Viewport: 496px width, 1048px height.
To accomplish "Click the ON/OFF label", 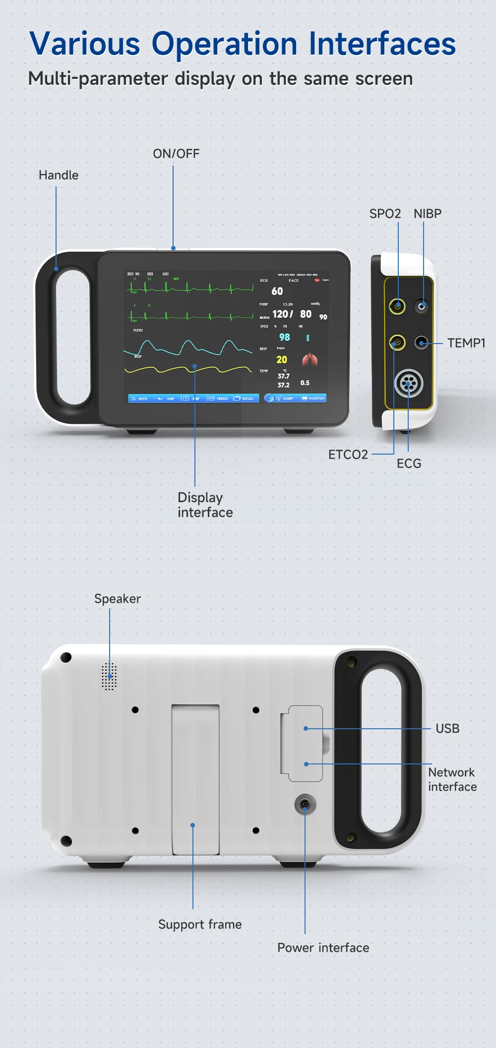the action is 176,154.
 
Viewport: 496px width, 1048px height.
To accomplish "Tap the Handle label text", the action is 59,175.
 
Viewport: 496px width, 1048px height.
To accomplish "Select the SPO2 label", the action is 385,214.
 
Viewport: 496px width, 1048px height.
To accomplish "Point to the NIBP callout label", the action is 428,214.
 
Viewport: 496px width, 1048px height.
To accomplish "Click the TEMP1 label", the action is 466,343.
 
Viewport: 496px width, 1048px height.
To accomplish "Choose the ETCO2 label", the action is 348,455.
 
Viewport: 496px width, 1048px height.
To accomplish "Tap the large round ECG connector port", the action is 408,383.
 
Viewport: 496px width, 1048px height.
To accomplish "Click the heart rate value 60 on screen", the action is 277,291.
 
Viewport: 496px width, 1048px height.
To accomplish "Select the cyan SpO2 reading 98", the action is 284,337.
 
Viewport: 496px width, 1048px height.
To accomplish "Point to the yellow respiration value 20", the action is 282,359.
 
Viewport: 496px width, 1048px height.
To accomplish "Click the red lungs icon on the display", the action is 310,359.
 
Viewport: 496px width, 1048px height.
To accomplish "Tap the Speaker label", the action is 118,599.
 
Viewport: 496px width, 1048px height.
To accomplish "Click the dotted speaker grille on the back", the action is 109,676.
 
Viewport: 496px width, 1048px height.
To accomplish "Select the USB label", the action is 447,728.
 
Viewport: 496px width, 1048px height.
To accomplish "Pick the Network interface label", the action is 452,779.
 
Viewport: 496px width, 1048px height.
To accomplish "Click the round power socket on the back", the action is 305,804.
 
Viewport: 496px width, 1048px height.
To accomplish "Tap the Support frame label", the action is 200,925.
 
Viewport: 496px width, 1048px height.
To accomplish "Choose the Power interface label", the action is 323,948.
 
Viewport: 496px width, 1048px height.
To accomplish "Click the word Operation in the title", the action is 224,44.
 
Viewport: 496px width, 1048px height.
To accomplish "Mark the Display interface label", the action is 205,505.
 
